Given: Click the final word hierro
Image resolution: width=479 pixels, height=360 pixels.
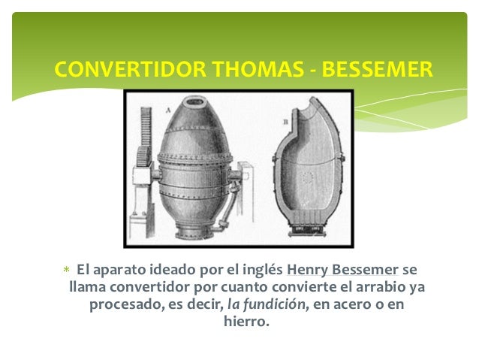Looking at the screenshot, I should point(246,323).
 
